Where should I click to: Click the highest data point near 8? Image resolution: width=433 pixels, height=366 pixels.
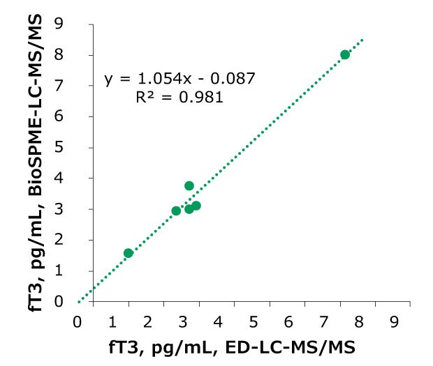pyautogui.click(x=345, y=54)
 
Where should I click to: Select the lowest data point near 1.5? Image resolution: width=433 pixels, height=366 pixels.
pyautogui.click(x=129, y=253)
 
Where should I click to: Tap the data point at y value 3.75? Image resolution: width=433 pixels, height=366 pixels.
pyautogui.click(x=189, y=186)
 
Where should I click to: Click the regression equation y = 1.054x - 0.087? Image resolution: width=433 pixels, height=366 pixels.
pyautogui.click(x=180, y=79)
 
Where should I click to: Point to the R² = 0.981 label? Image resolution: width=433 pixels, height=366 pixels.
pyautogui.click(x=180, y=98)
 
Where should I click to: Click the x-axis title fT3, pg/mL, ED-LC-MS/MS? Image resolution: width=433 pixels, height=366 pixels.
pyautogui.click(x=234, y=346)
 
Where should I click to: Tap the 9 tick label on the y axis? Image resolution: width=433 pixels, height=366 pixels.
pyautogui.click(x=79, y=24)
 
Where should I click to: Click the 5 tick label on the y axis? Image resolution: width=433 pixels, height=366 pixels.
pyautogui.click(x=79, y=148)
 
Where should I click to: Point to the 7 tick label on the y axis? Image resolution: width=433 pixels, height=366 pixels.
pyautogui.click(x=79, y=86)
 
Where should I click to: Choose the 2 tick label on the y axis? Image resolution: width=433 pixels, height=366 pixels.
pyautogui.click(x=79, y=241)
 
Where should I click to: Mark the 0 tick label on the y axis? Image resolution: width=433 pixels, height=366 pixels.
pyautogui.click(x=79, y=302)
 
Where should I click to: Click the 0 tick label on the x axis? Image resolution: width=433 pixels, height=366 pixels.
pyautogui.click(x=78, y=322)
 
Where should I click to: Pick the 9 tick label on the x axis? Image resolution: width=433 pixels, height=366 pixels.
pyautogui.click(x=395, y=322)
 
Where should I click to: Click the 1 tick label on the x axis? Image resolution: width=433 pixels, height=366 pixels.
pyautogui.click(x=113, y=322)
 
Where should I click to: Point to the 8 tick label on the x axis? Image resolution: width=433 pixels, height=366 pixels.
pyautogui.click(x=360, y=322)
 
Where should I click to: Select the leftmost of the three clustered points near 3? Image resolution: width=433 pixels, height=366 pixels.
pyautogui.click(x=176, y=211)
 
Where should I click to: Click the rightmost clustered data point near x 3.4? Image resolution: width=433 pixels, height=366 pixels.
pyautogui.click(x=196, y=206)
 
